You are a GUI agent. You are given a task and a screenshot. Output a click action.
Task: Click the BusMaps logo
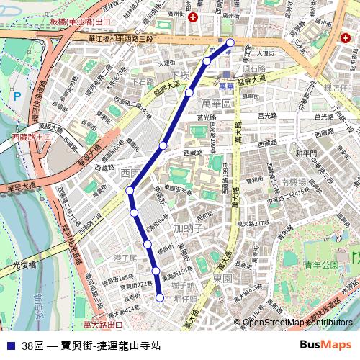point(326,345)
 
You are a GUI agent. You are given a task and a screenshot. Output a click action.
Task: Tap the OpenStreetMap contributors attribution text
point(297,323)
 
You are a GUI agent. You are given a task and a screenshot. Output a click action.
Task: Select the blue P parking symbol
point(17,95)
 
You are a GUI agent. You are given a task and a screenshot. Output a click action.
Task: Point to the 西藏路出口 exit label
point(33,135)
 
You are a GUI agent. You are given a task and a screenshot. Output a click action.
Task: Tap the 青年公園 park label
point(321,265)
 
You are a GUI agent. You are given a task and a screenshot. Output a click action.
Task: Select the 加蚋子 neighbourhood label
point(189,228)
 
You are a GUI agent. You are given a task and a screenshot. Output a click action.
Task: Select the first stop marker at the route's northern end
point(230,42)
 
